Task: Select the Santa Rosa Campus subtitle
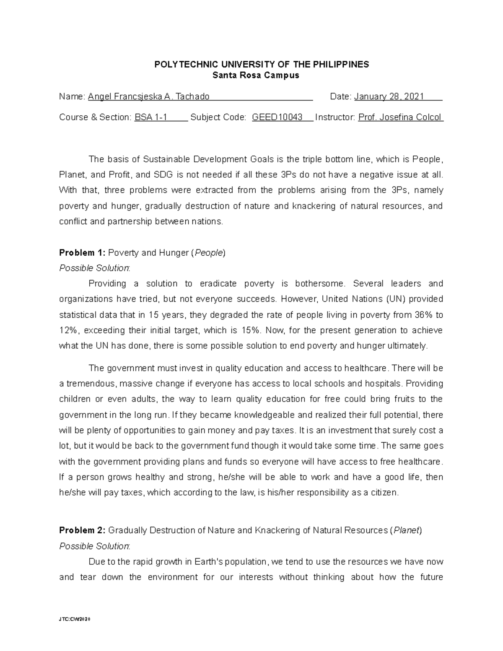[256, 75]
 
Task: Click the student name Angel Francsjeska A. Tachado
[148, 97]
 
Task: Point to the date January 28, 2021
[389, 97]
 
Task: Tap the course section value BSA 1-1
[150, 117]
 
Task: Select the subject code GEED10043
[277, 117]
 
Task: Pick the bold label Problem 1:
[83, 253]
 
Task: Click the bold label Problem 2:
[83, 531]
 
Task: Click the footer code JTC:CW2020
[75, 619]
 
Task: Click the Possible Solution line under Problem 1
[95, 268]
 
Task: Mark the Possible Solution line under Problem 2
[95, 546]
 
